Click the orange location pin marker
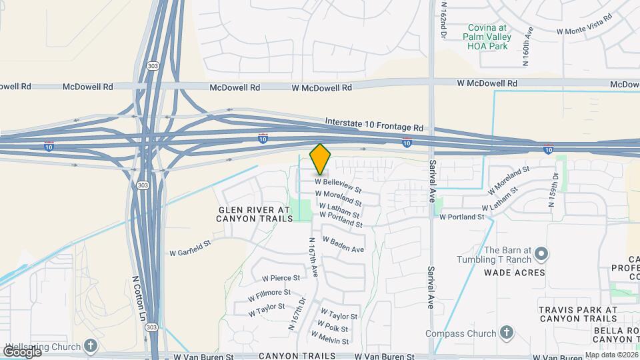321,159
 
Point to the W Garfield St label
190,249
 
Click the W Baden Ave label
343,244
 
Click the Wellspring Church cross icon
91,346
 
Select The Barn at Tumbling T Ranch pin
541,254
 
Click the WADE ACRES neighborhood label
515,273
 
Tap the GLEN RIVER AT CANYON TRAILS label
255,214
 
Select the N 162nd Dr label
443,20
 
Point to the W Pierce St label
281,277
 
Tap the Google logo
22,351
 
